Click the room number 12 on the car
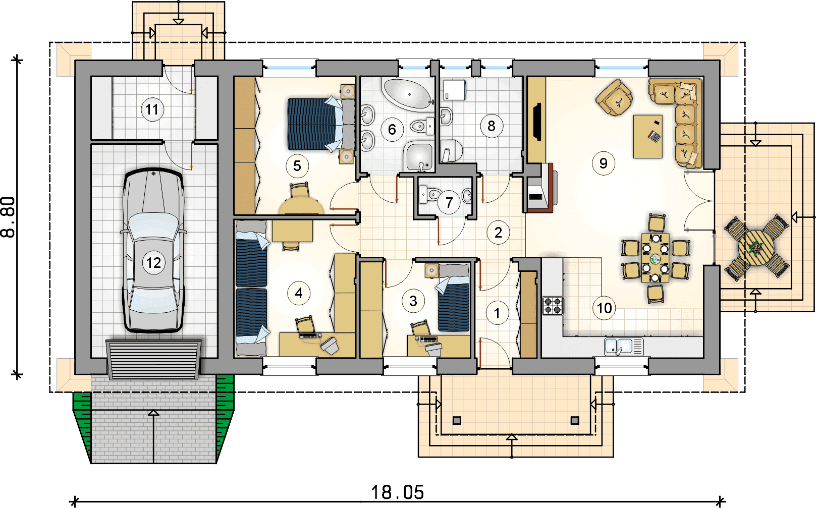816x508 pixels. (x=153, y=262)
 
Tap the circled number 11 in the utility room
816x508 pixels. (x=152, y=109)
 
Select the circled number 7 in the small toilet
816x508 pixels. (x=449, y=202)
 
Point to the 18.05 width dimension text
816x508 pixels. (x=398, y=492)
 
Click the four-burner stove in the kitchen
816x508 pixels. (x=553, y=306)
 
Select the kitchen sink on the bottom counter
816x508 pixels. (x=624, y=346)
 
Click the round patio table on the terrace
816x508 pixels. (x=756, y=248)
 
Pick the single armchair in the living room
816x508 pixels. (x=614, y=97)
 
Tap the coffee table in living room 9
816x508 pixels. (x=647, y=137)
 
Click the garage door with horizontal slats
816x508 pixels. (x=153, y=360)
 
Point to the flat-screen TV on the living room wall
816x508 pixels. (x=537, y=122)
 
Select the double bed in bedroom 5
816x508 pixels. (x=321, y=124)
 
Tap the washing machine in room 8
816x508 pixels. (x=454, y=90)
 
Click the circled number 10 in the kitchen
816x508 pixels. (x=604, y=308)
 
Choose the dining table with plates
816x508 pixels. (x=656, y=258)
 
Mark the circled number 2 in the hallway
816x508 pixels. (x=498, y=233)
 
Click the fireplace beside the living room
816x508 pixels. (x=541, y=188)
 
